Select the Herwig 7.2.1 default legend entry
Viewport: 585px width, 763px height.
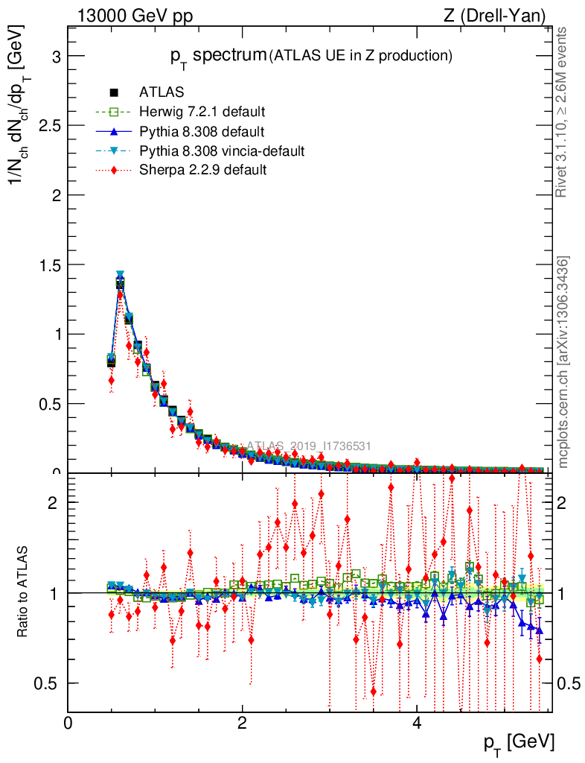point(202,112)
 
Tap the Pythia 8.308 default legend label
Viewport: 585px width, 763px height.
point(202,132)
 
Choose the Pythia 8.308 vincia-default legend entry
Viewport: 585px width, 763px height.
point(222,151)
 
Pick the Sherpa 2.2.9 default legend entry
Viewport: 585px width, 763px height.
point(203,171)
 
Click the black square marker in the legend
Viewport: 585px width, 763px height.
point(114,92)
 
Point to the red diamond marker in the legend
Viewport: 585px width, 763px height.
point(114,171)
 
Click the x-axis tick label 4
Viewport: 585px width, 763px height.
point(417,724)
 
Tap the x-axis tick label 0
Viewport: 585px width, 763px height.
point(68,724)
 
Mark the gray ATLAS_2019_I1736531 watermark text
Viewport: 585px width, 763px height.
point(309,446)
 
